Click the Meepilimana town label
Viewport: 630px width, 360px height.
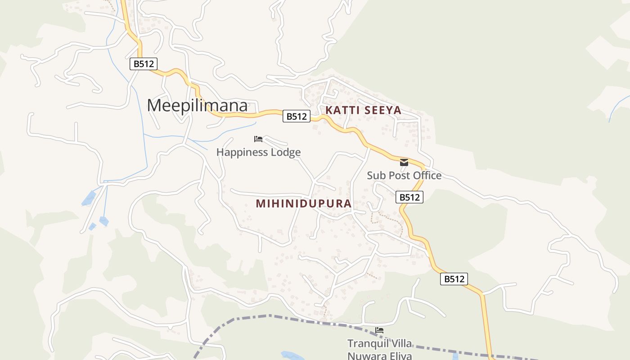click(197, 105)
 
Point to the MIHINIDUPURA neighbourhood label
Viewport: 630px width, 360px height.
click(303, 203)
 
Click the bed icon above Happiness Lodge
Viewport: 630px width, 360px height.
click(258, 139)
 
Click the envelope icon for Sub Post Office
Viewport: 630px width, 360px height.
click(404, 162)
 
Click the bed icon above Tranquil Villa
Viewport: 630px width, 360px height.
click(379, 331)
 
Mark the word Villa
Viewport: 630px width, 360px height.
click(400, 344)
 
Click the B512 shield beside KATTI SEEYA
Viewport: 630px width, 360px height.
click(297, 117)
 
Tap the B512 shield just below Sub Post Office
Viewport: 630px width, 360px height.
click(409, 197)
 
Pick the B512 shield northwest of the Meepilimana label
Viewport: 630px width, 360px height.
click(144, 64)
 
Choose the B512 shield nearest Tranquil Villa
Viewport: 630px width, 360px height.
click(454, 279)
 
